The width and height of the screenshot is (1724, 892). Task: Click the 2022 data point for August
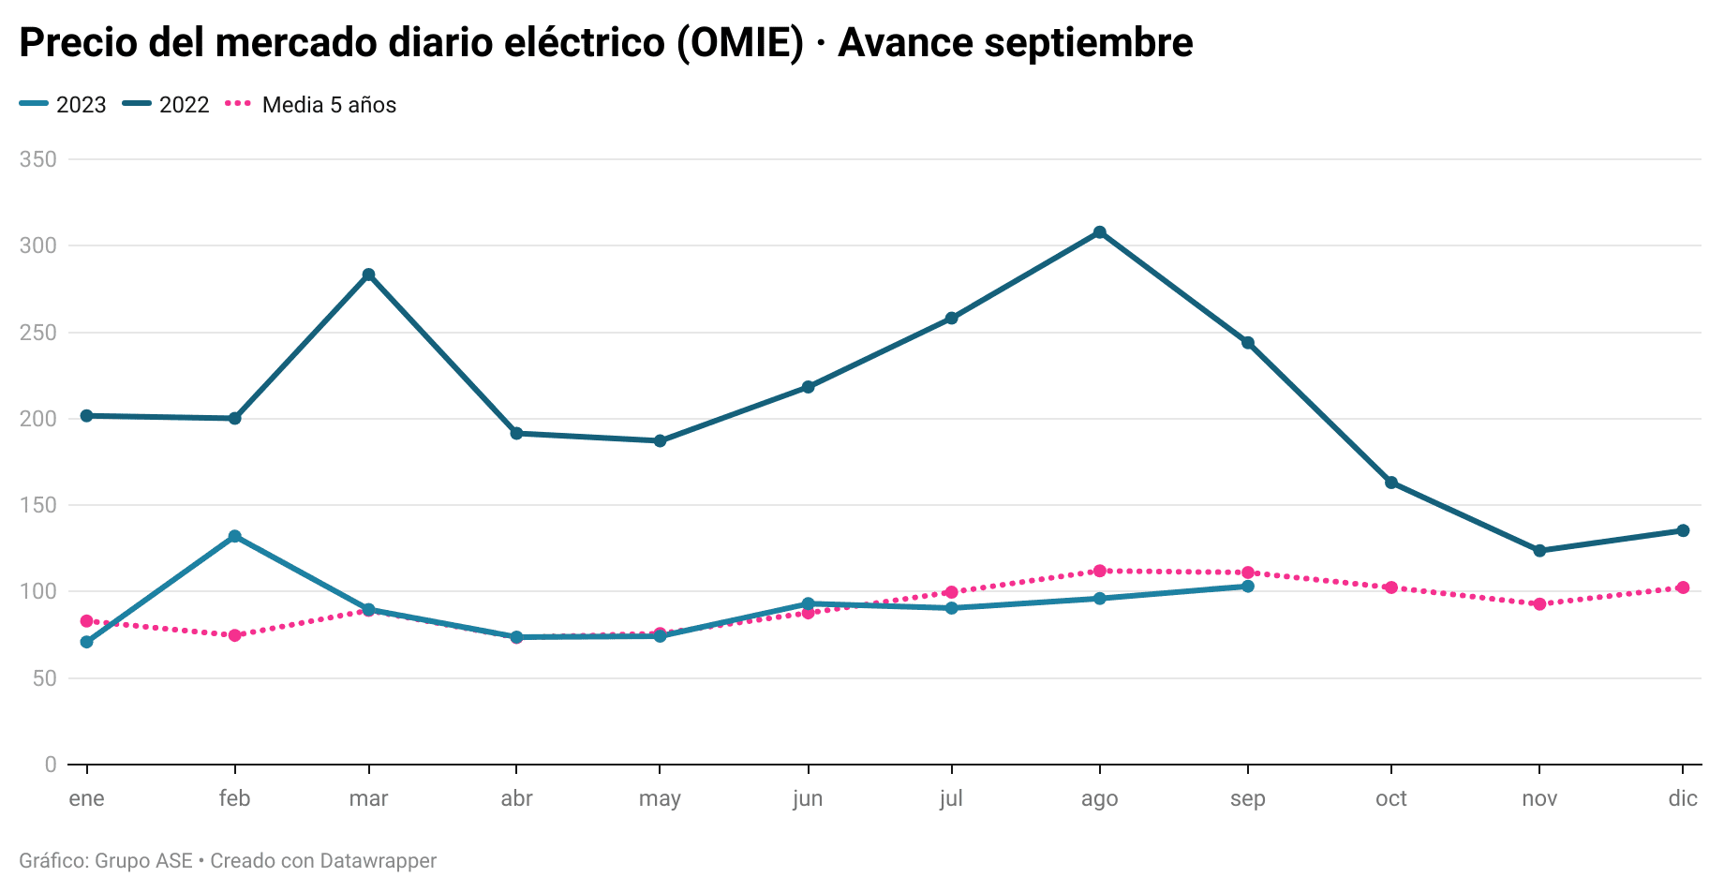click(x=1099, y=232)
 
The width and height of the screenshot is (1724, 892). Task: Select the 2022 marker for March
click(x=368, y=275)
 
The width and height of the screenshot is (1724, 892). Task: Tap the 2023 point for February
click(x=234, y=537)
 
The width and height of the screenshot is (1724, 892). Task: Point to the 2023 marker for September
click(x=1247, y=587)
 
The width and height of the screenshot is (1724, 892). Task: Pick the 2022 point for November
click(x=1539, y=551)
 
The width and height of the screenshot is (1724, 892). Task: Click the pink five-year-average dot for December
click(x=1683, y=587)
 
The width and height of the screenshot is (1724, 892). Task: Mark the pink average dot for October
click(x=1391, y=587)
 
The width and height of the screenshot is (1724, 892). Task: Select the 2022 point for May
click(x=660, y=440)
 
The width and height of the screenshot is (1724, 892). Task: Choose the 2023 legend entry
click(x=64, y=105)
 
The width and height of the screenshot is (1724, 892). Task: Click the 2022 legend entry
click(x=167, y=105)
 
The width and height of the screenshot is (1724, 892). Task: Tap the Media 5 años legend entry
click(x=312, y=105)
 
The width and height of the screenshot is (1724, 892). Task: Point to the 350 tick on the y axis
click(x=38, y=159)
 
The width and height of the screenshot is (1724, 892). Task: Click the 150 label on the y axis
click(x=38, y=505)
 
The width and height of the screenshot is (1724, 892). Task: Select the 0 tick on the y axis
click(x=51, y=765)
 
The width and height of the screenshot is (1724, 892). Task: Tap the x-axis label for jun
click(x=808, y=798)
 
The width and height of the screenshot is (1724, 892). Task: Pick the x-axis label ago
click(x=1099, y=798)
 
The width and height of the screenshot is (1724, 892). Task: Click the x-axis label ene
click(x=87, y=798)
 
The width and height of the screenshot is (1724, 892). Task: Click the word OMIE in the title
click(x=739, y=43)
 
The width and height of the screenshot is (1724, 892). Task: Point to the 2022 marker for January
click(x=87, y=415)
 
